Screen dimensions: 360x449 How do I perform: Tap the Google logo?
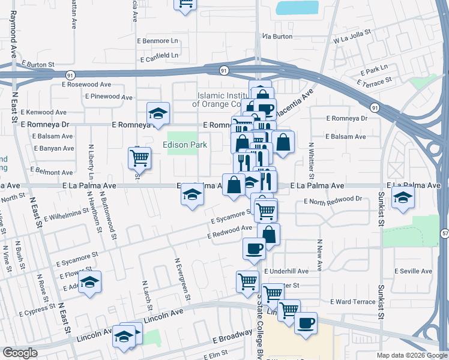20,353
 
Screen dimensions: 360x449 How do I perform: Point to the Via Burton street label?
277,37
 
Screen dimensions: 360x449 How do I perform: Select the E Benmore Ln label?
158,41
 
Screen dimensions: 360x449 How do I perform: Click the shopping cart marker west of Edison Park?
139,158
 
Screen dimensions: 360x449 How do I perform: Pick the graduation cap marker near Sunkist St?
402,197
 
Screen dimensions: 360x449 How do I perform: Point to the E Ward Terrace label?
352,301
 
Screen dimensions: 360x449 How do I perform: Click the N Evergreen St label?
182,280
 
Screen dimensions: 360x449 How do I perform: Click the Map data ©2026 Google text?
411,355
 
